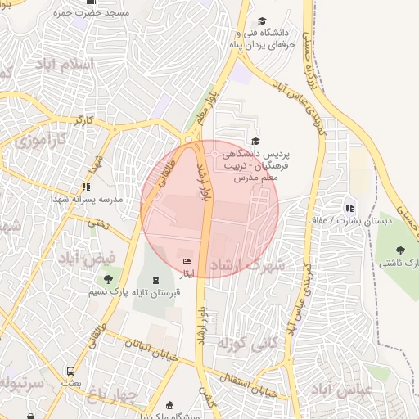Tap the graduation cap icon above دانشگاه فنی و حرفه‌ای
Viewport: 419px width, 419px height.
262,21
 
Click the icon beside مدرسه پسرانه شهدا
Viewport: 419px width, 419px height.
87,187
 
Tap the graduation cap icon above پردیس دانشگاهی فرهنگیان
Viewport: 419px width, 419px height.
255,142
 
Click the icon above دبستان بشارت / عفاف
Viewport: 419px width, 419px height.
350,209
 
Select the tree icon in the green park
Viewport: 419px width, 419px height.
400,250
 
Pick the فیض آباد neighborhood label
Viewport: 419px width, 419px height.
79,258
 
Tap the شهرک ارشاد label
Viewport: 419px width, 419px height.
246,266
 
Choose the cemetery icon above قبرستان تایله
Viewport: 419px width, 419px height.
155,280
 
